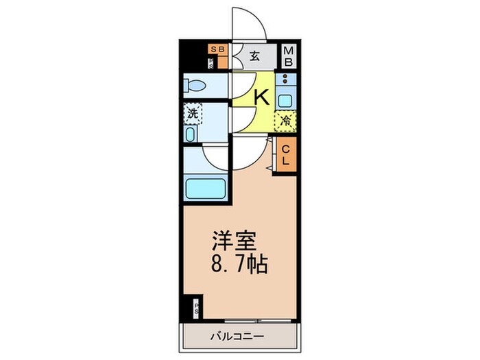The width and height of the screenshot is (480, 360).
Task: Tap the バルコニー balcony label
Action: tap(237, 336)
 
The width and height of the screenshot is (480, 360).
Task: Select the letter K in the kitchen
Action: tap(261, 96)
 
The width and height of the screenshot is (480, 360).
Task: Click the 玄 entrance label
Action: tap(254, 57)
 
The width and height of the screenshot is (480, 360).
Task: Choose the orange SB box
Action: tap(217, 49)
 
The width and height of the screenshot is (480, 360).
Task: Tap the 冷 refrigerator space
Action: tap(285, 121)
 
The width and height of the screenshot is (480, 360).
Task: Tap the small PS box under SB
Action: tap(212, 63)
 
